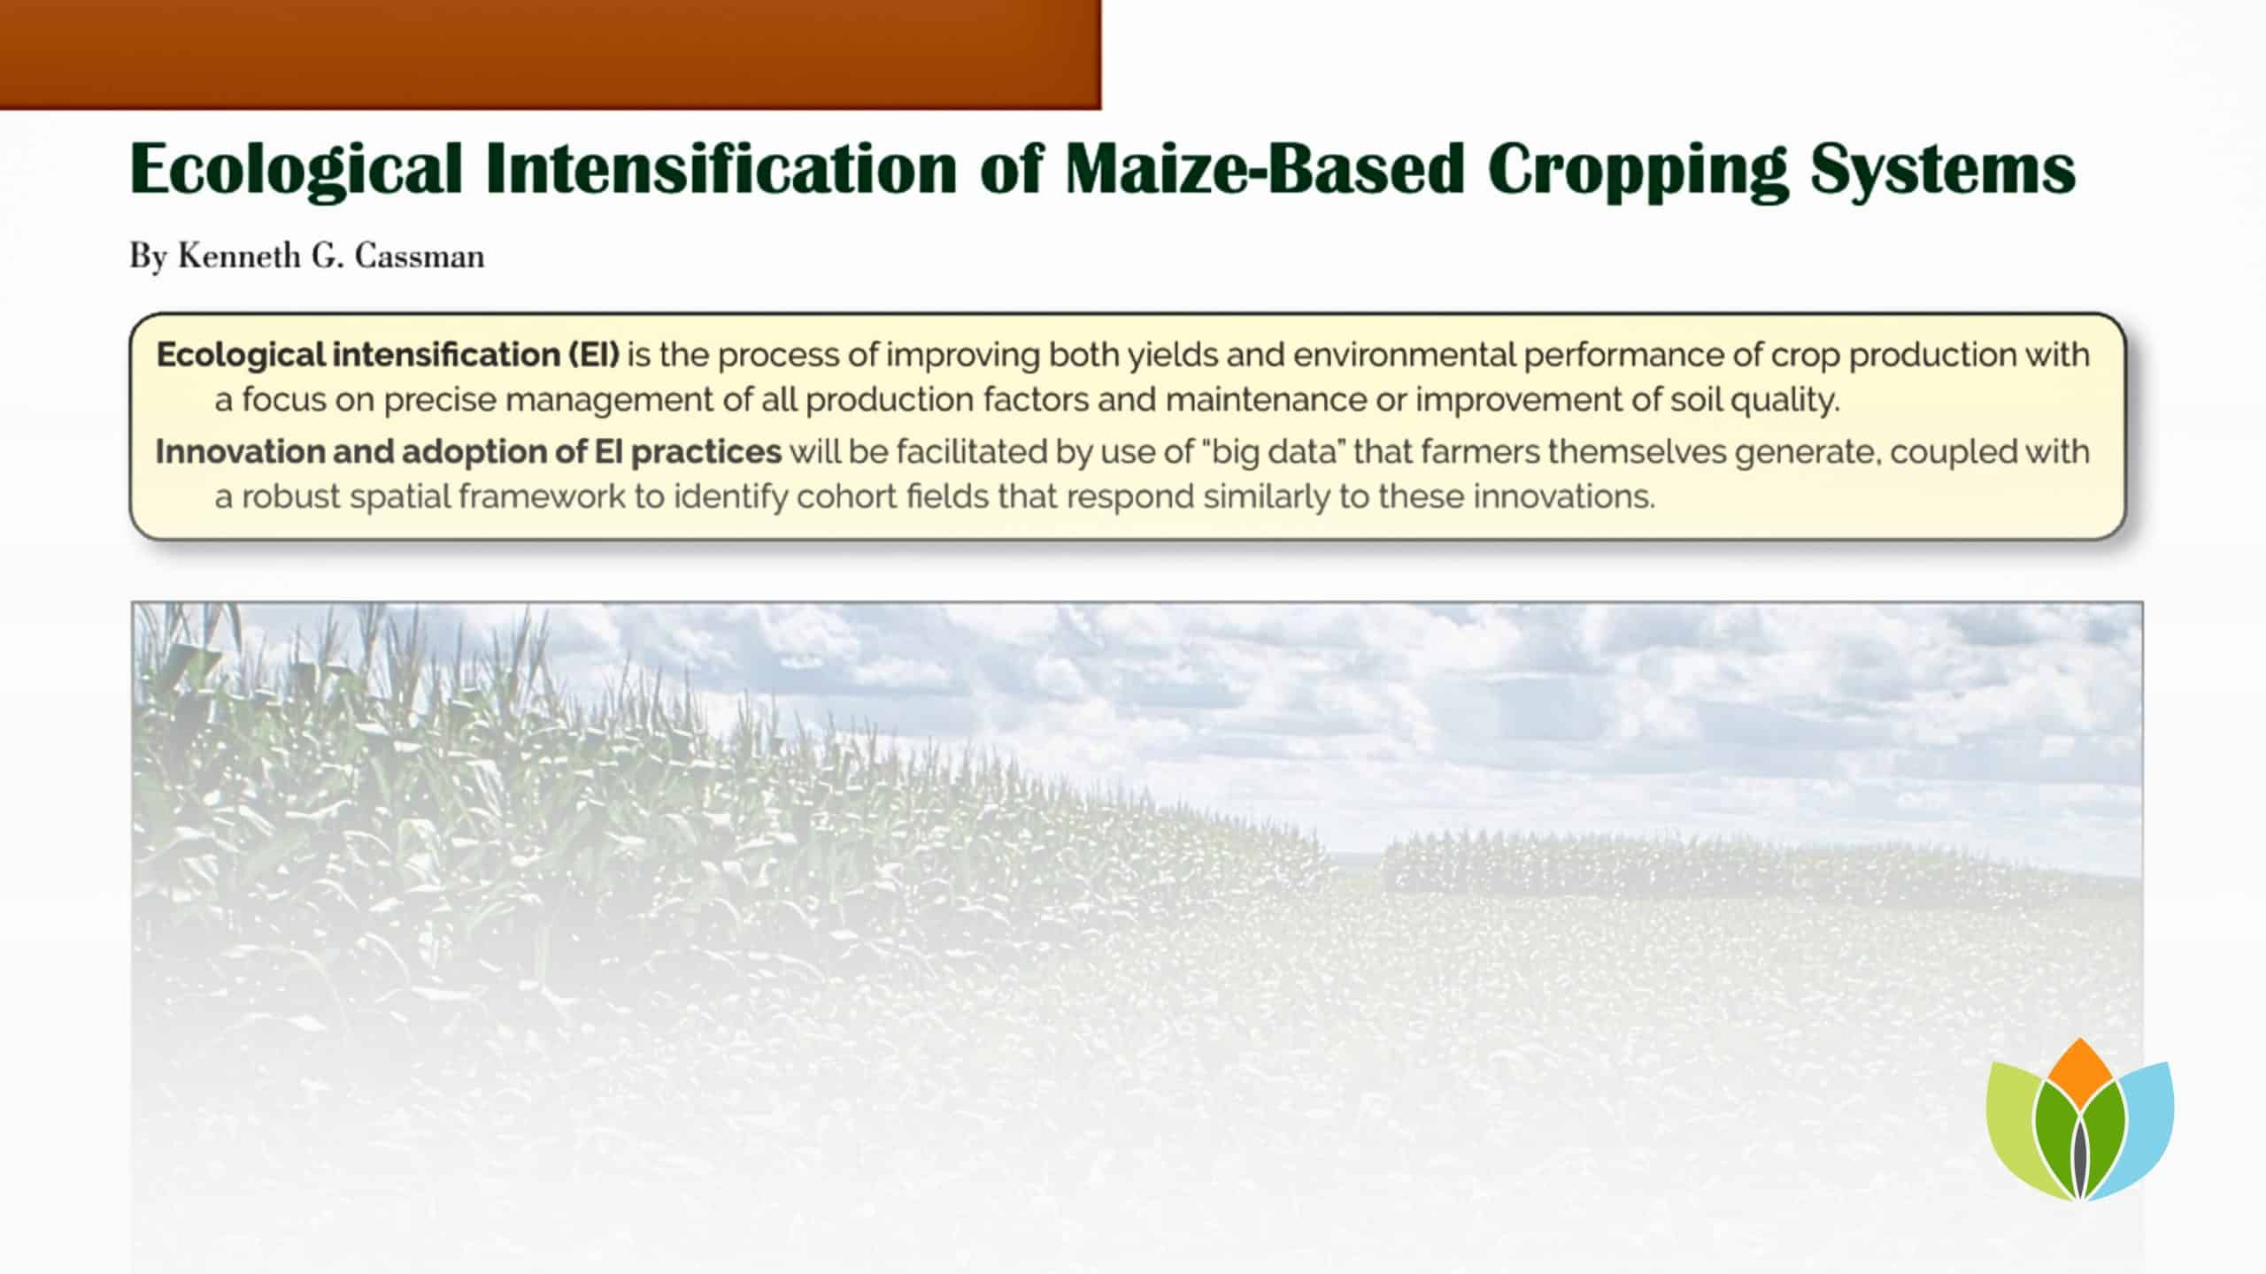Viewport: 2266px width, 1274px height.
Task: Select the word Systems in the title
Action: tap(1942, 170)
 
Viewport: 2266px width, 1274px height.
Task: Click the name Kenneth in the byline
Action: tap(239, 257)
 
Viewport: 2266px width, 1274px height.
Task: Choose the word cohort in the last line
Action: tap(844, 497)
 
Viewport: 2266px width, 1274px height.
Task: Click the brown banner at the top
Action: tap(549, 53)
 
